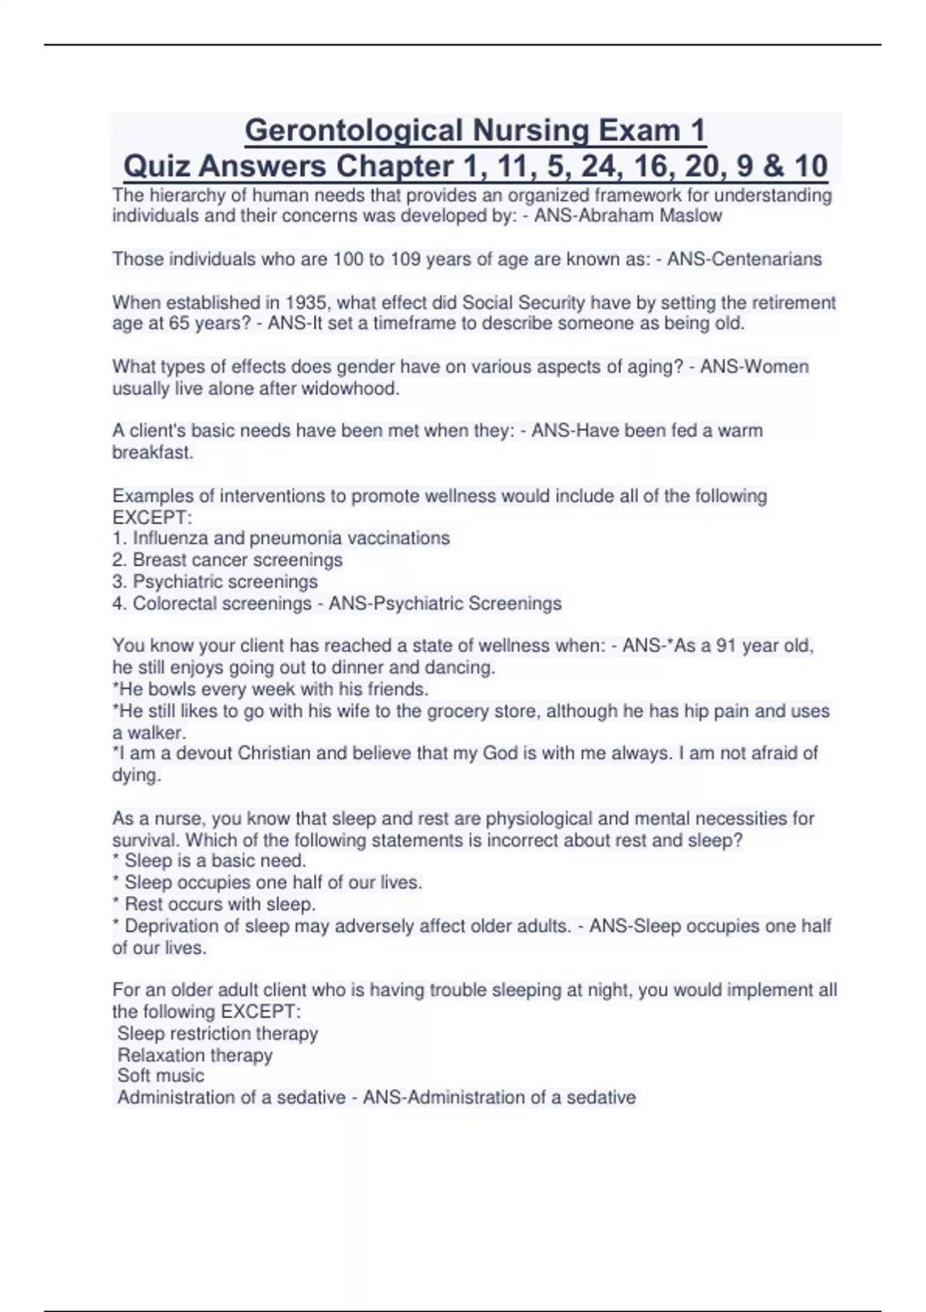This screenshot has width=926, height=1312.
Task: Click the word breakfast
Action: coord(152,453)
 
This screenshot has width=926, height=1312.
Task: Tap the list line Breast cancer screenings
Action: coord(237,560)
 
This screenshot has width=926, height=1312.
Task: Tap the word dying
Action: coord(136,776)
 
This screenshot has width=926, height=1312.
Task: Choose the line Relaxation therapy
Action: coord(194,1055)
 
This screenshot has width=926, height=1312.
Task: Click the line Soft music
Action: coord(161,1076)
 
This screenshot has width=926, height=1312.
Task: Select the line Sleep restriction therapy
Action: coord(217,1033)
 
